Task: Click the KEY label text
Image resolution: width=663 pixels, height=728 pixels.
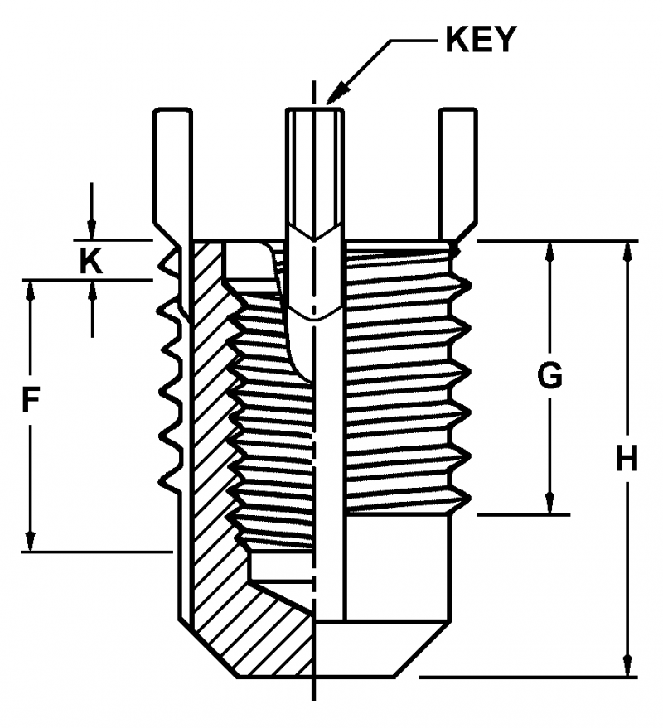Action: [481, 39]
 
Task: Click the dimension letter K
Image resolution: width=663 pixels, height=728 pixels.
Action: [91, 261]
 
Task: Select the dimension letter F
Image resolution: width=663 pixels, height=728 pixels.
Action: [30, 403]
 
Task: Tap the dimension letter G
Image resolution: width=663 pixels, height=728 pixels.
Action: [549, 375]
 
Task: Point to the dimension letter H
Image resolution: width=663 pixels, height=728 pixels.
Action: [627, 458]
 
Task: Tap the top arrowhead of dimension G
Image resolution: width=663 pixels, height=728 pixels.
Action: [549, 251]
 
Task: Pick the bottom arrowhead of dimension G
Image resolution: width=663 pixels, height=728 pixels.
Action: [549, 504]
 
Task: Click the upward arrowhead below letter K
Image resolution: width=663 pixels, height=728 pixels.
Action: [91, 290]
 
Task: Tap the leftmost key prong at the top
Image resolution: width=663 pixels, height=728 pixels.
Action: [172, 166]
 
